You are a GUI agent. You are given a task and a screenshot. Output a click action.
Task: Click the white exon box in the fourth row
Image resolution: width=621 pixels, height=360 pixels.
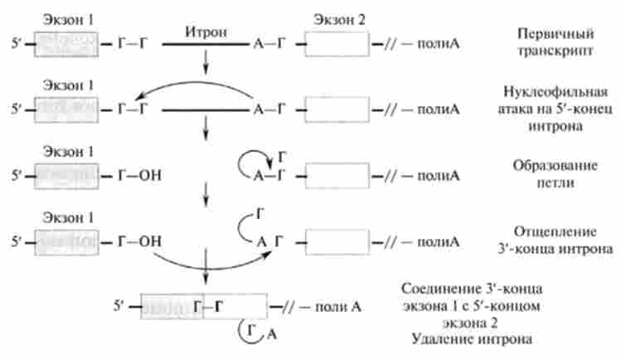tap(339, 241)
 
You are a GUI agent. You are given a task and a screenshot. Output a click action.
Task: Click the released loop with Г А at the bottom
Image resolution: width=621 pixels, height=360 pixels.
tap(254, 334)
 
